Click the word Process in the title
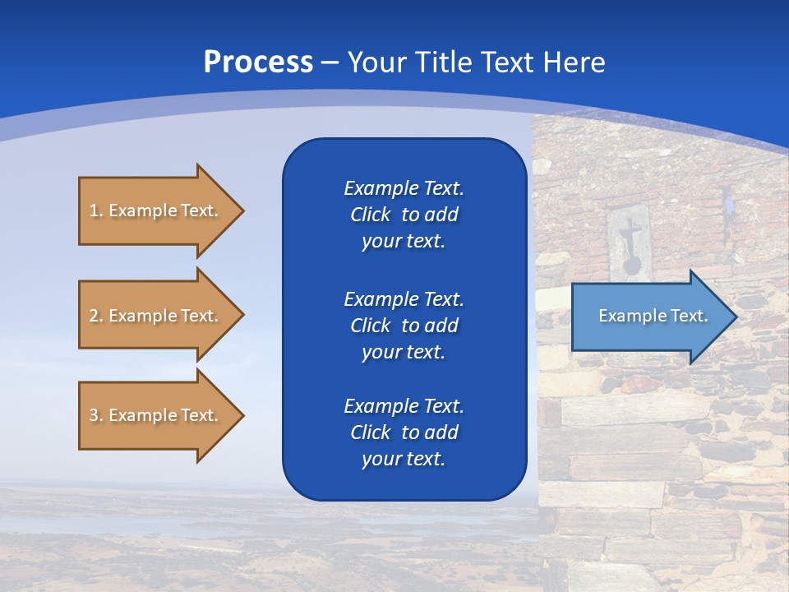[x=258, y=62]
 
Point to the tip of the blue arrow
[x=736, y=317]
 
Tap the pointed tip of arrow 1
[x=243, y=210]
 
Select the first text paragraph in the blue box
[x=404, y=215]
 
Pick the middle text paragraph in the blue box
[x=404, y=326]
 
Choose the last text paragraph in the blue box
[x=404, y=432]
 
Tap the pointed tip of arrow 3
[x=243, y=415]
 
